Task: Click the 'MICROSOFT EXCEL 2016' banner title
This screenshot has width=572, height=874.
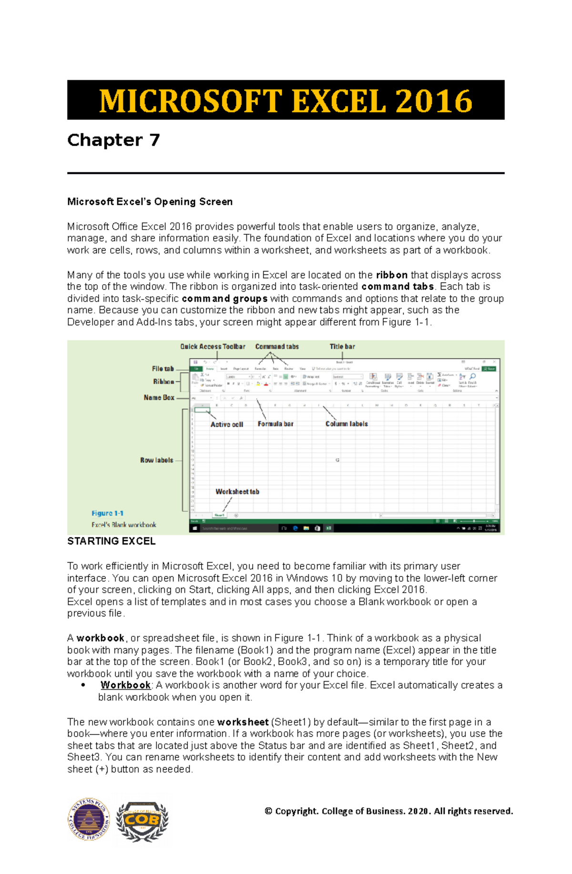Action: click(x=286, y=100)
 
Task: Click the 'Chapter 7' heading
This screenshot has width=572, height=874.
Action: click(x=113, y=140)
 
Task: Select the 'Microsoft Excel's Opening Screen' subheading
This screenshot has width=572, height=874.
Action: click(x=150, y=201)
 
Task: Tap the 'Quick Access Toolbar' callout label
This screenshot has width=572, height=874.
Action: click(x=213, y=347)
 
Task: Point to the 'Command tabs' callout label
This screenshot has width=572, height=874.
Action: click(x=277, y=347)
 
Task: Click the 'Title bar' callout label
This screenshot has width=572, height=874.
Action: click(x=342, y=347)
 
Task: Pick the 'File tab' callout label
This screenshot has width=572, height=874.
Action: click(x=163, y=369)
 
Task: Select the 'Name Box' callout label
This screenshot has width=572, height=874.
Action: click(x=159, y=397)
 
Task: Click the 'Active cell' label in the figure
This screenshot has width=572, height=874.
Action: click(x=226, y=424)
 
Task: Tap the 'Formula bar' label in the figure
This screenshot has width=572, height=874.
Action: click(x=276, y=424)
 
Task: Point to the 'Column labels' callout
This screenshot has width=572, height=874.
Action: click(x=347, y=424)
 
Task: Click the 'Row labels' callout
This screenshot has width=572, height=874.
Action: click(x=156, y=460)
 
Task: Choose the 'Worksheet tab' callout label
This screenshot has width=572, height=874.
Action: click(x=237, y=492)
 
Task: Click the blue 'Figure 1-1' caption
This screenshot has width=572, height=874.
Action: click(x=107, y=513)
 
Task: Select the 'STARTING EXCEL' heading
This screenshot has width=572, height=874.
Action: click(x=111, y=541)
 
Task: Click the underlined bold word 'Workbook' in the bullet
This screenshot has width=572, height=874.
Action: click(x=125, y=685)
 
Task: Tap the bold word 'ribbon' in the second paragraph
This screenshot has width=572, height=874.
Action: click(x=391, y=275)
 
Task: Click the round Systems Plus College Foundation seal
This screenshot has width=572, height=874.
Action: click(x=89, y=819)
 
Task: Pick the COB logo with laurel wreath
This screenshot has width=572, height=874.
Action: click(x=142, y=820)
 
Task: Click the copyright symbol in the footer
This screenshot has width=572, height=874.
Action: click(x=268, y=811)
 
